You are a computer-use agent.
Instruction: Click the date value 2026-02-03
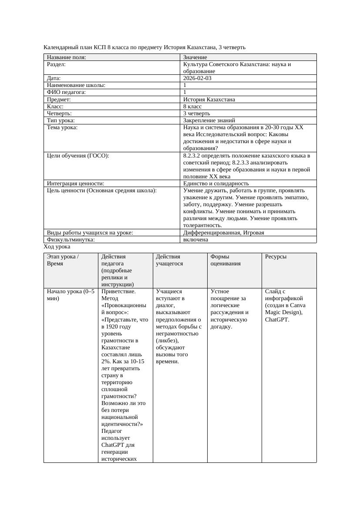click(197, 78)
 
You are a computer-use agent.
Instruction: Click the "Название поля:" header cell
click(66, 57)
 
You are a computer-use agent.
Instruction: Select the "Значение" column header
click(195, 57)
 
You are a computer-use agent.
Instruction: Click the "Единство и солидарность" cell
click(216, 184)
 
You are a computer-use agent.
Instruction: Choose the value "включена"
click(195, 239)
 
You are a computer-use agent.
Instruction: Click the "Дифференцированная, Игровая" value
click(223, 233)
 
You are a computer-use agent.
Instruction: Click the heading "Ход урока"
click(57, 247)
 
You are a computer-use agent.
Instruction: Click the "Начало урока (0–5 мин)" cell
click(70, 295)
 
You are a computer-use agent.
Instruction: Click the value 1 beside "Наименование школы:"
click(185, 85)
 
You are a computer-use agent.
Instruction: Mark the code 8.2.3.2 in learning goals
click(192, 156)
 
